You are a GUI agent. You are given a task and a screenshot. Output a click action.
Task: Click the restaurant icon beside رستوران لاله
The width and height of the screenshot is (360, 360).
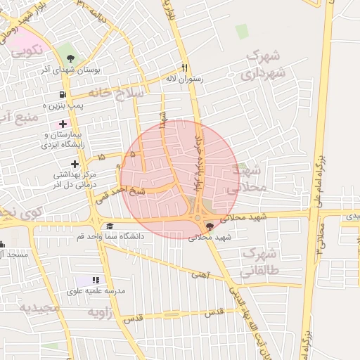185,68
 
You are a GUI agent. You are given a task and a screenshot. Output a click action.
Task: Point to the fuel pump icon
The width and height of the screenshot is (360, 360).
63,94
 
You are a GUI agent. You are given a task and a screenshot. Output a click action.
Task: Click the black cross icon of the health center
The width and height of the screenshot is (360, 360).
75,164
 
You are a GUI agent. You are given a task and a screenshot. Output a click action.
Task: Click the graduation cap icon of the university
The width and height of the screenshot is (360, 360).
110,226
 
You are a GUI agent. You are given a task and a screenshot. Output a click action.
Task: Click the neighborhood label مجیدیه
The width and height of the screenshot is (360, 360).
36,308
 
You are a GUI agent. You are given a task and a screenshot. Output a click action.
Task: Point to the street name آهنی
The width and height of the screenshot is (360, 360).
200,275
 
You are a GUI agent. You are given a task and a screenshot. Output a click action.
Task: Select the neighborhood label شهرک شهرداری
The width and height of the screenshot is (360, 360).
266,64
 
